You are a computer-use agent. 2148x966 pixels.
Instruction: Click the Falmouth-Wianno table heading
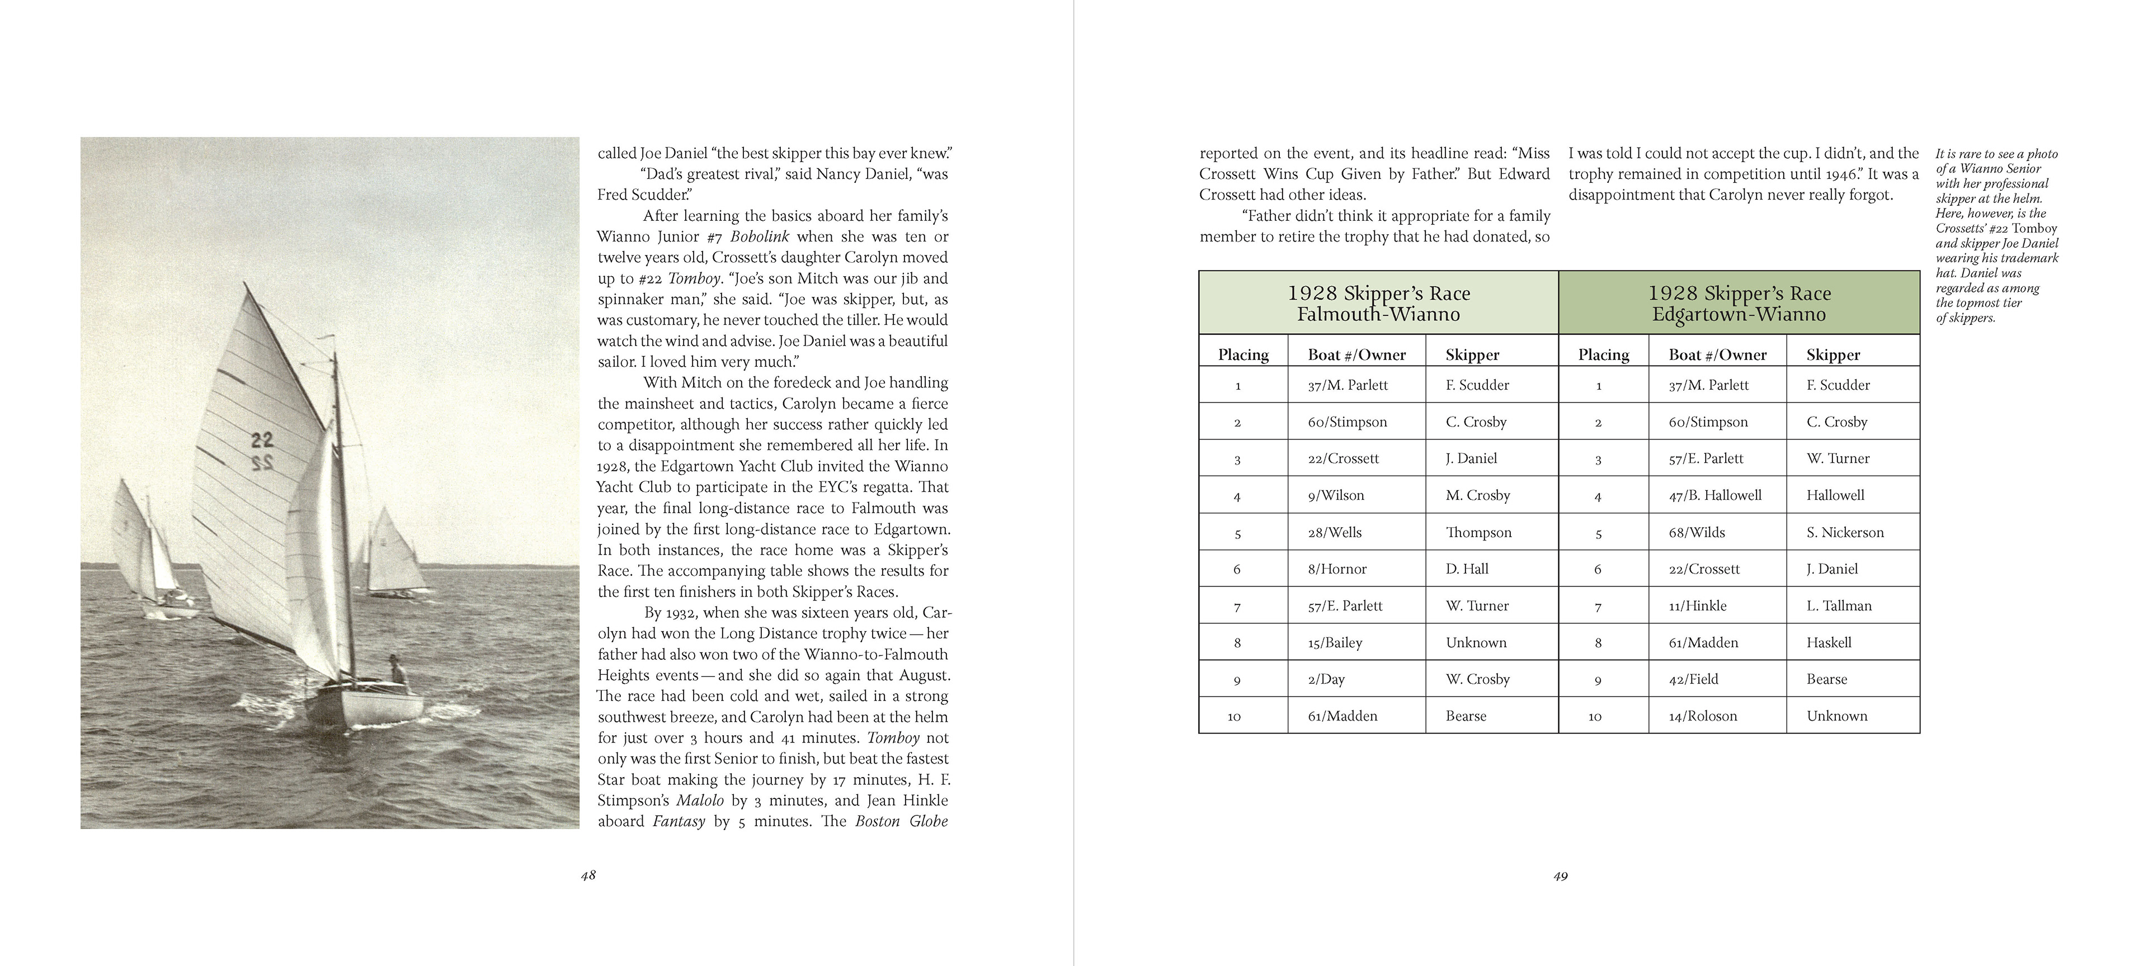pyautogui.click(x=1378, y=304)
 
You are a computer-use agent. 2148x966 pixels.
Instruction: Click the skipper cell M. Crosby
pyautogui.click(x=1477, y=496)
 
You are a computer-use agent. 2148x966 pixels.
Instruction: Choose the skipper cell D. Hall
pyautogui.click(x=1467, y=569)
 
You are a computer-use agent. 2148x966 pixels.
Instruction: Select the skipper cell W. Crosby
pyautogui.click(x=1477, y=679)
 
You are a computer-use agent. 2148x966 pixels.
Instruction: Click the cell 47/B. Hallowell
pyautogui.click(x=1714, y=496)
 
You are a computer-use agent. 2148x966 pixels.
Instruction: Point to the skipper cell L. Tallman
pyautogui.click(x=1839, y=606)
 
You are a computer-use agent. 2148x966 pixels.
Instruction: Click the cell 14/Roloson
pyautogui.click(x=1703, y=716)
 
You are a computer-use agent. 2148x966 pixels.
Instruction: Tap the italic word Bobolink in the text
pyautogui.click(x=759, y=236)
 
